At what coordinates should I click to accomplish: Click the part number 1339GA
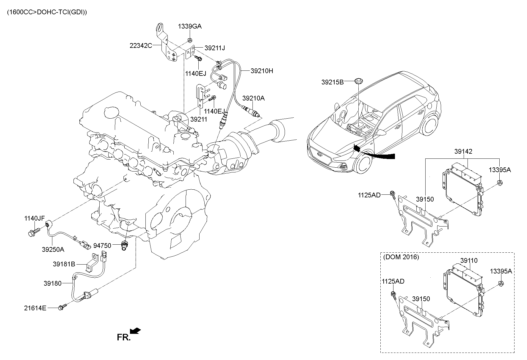coord(190,26)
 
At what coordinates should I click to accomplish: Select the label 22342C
coord(141,45)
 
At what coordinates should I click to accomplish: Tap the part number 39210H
coord(262,71)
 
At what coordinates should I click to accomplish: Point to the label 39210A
coord(253,98)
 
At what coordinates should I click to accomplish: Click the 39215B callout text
coord(332,82)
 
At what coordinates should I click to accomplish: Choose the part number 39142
coord(463,152)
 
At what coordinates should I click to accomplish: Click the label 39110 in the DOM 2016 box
coord(469,261)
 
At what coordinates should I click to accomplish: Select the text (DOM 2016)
coord(401,257)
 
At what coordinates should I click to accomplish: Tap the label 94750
coord(102,246)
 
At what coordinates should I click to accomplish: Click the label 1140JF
coord(34,218)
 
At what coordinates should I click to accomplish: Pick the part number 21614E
coord(35,308)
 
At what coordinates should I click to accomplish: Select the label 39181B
coord(64,264)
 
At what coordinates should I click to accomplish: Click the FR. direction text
coord(124,337)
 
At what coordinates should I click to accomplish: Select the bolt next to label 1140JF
coord(34,232)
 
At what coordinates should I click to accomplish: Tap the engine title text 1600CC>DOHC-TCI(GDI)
coord(47,12)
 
